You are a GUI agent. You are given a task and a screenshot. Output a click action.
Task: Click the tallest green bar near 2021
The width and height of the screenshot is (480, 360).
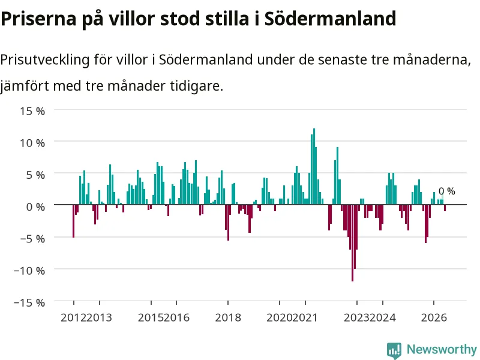[x=314, y=167]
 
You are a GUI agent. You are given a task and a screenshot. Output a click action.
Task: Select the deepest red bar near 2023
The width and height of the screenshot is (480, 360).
[x=352, y=243]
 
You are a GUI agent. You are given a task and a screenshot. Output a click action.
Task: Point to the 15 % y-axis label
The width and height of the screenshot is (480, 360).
[x=32, y=111]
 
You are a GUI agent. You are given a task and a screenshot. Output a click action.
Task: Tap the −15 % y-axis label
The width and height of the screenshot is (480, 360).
[x=29, y=303]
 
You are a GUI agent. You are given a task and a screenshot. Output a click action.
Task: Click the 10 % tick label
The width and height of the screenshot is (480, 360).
[x=32, y=143]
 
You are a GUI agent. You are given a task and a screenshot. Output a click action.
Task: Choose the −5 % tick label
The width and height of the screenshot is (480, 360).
[x=32, y=239]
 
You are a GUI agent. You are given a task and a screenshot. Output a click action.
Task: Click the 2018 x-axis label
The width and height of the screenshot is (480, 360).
[x=228, y=317]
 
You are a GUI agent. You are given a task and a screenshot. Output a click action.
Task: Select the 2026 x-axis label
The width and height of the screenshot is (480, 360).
[x=434, y=317]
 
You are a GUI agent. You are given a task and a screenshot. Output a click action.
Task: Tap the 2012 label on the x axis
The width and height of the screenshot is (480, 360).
[x=73, y=317]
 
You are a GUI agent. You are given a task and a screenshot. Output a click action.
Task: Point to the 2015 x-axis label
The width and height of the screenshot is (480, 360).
[x=151, y=317]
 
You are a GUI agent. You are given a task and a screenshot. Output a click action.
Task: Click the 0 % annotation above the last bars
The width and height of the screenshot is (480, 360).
[x=446, y=191]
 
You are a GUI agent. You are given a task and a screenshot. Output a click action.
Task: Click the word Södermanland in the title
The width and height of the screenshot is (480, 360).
[x=331, y=19]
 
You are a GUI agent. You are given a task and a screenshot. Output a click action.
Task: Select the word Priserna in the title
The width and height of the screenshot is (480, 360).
[x=38, y=19]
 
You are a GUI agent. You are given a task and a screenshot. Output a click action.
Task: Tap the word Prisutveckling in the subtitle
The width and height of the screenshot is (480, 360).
[x=44, y=60]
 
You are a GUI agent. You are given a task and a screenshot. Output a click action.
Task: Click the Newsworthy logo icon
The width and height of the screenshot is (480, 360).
[x=394, y=350]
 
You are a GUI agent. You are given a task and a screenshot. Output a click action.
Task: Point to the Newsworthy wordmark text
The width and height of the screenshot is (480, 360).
[x=442, y=349]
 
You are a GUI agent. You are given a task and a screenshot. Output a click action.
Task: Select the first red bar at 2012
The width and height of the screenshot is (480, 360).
[x=73, y=221]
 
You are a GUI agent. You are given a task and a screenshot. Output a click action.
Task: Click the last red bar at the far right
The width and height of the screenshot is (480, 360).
[x=445, y=208]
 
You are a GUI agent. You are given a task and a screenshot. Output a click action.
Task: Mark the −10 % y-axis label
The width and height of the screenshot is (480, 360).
[x=29, y=271]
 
